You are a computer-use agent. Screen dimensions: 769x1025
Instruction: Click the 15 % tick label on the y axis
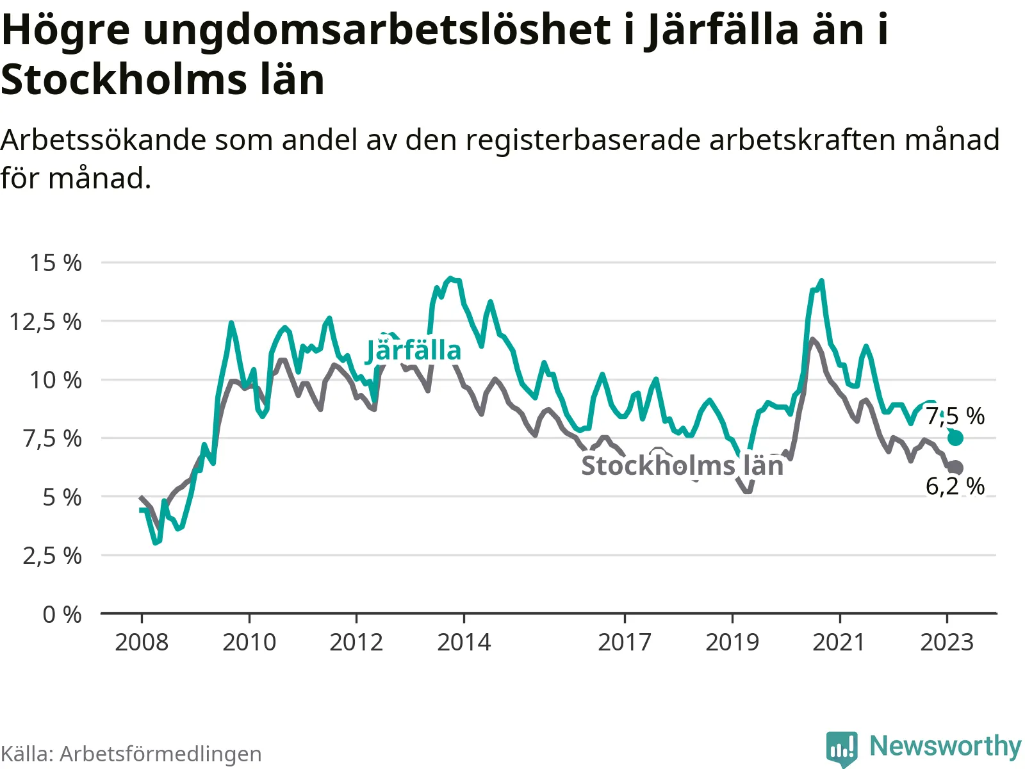[56, 263]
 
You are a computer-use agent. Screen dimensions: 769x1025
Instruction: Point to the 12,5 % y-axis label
[45, 322]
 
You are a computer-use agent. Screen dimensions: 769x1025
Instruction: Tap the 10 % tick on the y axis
[56, 380]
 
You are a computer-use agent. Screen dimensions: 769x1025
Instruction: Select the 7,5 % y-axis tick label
[52, 439]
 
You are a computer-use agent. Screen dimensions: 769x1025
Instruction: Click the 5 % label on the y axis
[62, 497]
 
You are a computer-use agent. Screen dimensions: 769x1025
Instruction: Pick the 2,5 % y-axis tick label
[52, 556]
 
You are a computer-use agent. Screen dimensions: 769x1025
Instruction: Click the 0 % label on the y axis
[62, 615]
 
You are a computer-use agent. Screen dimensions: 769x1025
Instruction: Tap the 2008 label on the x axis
[142, 642]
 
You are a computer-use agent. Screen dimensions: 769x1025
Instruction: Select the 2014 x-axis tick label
[464, 642]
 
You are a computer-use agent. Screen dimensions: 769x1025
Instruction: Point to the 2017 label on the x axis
[625, 642]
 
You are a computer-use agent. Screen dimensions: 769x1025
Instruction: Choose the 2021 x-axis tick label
[839, 642]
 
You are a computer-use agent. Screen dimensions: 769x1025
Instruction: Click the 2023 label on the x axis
[947, 642]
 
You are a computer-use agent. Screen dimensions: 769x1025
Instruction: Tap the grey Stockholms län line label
[682, 466]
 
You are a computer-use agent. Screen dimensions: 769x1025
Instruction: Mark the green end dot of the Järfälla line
[955, 438]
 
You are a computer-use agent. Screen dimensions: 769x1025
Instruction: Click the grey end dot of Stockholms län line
[956, 468]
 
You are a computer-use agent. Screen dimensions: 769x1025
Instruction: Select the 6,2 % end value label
[955, 486]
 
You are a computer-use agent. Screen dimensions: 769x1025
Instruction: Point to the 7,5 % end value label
[955, 417]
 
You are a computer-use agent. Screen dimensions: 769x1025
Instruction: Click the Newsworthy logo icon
[842, 748]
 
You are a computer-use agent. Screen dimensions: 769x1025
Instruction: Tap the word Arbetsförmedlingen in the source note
[160, 754]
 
